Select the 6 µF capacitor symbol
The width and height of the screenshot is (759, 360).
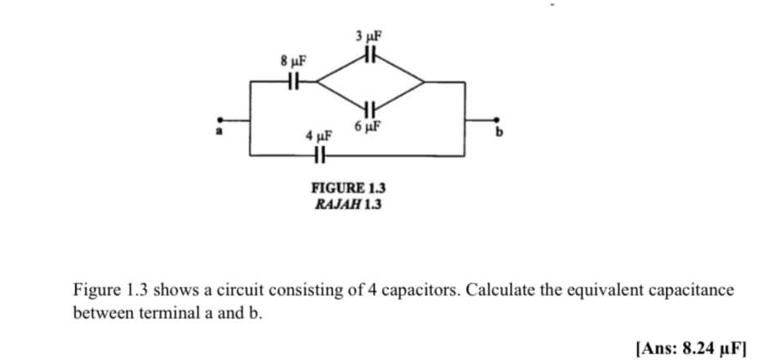click(x=368, y=108)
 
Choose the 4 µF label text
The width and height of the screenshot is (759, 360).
click(x=317, y=135)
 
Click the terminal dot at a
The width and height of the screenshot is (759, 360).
click(x=218, y=119)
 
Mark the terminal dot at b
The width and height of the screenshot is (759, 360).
click(x=498, y=119)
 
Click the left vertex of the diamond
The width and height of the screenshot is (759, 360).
click(x=316, y=82)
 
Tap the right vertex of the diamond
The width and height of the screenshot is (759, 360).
click(x=424, y=82)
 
